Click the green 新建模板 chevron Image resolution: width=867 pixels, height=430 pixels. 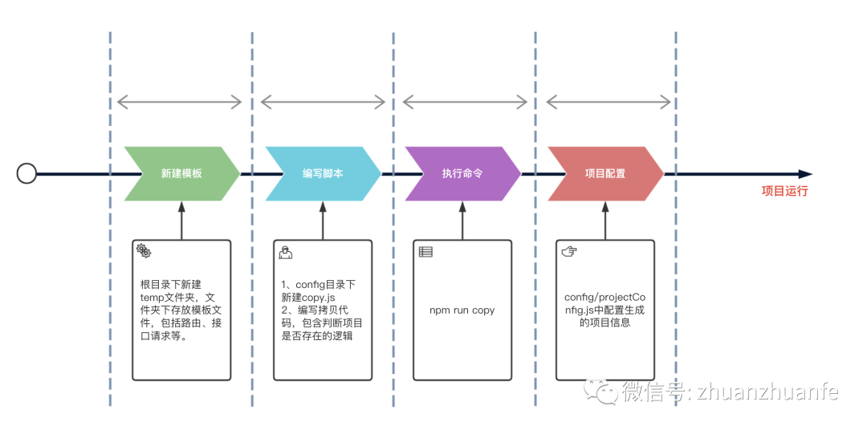[181, 173]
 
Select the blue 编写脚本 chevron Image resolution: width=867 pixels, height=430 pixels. [323, 173]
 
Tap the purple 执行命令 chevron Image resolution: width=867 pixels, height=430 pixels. [462, 173]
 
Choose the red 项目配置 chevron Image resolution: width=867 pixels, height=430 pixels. [605, 173]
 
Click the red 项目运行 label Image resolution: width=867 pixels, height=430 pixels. [784, 191]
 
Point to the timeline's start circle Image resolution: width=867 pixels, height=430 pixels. [27, 173]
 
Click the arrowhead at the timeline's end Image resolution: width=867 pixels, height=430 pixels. [805, 173]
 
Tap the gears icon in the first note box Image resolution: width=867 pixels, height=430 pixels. [144, 251]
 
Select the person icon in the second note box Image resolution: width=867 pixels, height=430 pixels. [285, 252]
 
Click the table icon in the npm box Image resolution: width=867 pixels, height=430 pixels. [425, 251]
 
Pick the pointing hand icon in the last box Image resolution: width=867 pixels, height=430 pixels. [568, 251]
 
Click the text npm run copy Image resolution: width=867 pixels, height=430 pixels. [462, 310]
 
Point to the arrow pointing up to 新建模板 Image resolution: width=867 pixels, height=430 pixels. [181, 220]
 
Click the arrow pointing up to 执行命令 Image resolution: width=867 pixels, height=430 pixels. [462, 220]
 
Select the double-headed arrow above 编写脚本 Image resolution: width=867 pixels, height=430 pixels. [323, 102]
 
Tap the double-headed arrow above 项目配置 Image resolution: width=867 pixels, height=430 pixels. [608, 102]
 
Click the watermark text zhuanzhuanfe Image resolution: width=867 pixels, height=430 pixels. [767, 391]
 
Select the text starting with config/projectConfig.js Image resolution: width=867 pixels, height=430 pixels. [604, 310]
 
